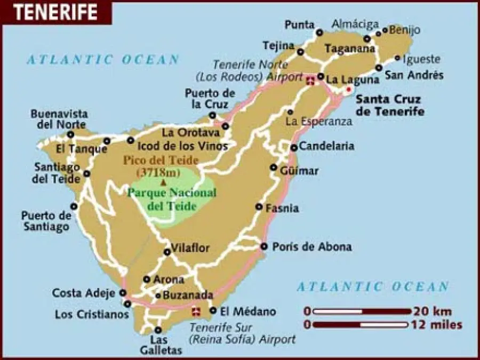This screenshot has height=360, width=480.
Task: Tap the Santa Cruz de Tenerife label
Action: pyautogui.click(x=390, y=105)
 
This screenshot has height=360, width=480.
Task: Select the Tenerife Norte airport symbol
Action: pyautogui.click(x=311, y=82)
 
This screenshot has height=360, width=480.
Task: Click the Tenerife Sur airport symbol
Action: pyautogui.click(x=196, y=310)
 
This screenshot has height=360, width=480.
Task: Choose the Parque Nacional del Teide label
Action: pyautogui.click(x=172, y=199)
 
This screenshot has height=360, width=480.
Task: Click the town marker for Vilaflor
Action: pyautogui.click(x=166, y=251)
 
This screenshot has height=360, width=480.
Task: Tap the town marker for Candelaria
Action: pyautogui.click(x=294, y=148)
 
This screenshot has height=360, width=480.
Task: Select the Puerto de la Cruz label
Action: pyautogui.click(x=210, y=98)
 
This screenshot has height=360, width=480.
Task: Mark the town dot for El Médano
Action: pyautogui.click(x=213, y=310)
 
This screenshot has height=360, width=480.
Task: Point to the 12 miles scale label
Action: pyautogui.click(x=436, y=324)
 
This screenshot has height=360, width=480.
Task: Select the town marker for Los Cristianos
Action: pyautogui.click(x=127, y=304)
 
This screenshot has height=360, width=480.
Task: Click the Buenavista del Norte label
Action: pyautogui.click(x=59, y=119)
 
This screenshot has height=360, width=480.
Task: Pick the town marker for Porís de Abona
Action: pyautogui.click(x=263, y=246)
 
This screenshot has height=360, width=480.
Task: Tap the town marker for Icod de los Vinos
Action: pyautogui.click(x=131, y=140)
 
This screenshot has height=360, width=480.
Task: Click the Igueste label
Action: pyautogui.click(x=421, y=59)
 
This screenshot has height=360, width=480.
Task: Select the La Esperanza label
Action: pyautogui.click(x=319, y=122)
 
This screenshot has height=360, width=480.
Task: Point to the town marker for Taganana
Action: pyautogui.click(x=367, y=38)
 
